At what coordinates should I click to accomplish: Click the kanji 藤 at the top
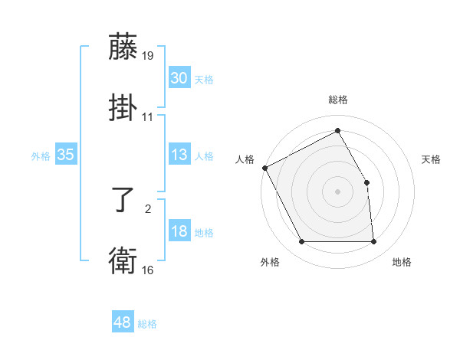pos(123,48)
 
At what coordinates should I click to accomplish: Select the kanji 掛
pos(123,107)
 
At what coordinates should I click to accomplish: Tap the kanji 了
pos(123,202)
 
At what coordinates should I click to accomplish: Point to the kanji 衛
pos(123,261)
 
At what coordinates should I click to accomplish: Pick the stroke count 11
pos(148,117)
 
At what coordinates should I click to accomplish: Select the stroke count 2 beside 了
pos(148,207)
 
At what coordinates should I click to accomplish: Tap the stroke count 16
pos(149,270)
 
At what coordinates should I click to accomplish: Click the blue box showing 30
pos(179,78)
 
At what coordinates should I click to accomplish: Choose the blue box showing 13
pos(179,155)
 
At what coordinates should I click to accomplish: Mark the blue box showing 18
pos(179,232)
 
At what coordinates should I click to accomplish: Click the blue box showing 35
pos(65,155)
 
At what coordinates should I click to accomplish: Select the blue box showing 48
pos(123,322)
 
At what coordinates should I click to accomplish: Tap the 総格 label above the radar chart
pos(338,100)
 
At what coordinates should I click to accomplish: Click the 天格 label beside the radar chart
pos(432,159)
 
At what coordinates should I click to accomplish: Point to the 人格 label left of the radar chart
pos(245,159)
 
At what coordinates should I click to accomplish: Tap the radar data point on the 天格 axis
pos(366,182)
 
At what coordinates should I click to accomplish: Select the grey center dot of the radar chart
pos(338,191)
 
